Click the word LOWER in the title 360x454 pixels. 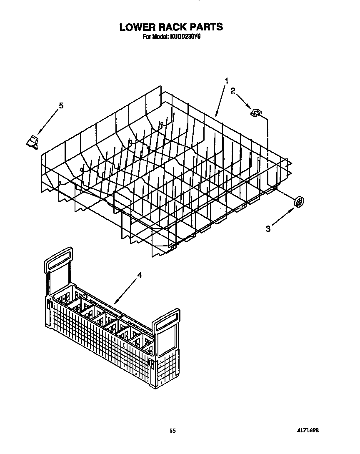137,27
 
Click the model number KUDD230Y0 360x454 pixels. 185,37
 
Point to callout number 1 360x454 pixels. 227,80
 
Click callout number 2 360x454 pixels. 233,91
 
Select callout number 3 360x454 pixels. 268,228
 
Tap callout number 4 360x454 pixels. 140,275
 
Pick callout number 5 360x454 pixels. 61,106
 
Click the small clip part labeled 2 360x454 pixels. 255,112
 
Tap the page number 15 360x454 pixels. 173,430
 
